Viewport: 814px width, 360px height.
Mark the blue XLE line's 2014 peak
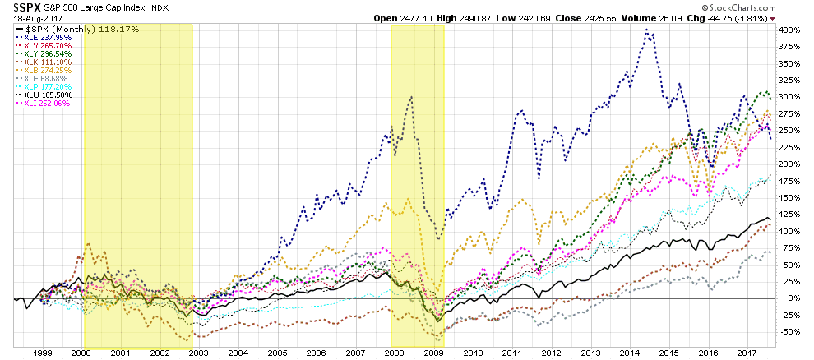click(x=647, y=30)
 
